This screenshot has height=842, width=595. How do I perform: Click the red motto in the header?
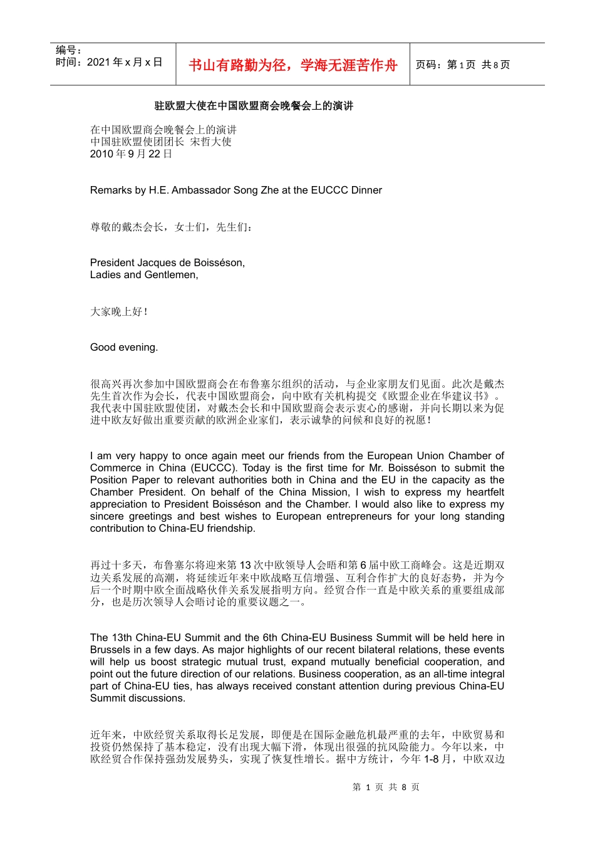292,65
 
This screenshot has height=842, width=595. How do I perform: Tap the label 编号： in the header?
68,50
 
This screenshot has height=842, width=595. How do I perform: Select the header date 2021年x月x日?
109,62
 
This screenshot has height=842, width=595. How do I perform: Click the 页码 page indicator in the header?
463,65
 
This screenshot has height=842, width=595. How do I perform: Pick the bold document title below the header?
254,106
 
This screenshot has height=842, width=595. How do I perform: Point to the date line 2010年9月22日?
131,154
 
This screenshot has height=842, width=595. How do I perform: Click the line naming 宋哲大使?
161,142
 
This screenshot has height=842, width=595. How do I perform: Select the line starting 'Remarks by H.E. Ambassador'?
235,190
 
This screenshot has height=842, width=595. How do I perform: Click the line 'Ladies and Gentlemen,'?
144,275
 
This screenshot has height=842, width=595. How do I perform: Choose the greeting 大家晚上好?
119,311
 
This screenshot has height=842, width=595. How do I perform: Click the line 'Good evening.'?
124,347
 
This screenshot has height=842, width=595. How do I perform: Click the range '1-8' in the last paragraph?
431,759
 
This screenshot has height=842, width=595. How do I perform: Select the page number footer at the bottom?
386,787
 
